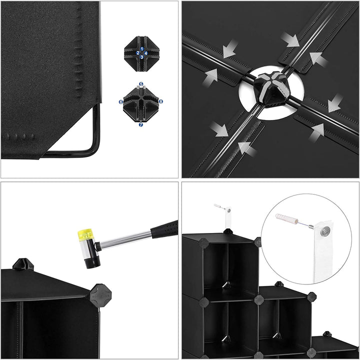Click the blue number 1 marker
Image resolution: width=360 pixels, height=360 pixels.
pos(142,49)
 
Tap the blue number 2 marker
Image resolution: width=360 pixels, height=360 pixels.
pos(138,53)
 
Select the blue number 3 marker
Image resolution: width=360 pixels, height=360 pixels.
pos(142,57)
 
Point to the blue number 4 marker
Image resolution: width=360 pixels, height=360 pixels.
pos(146,53)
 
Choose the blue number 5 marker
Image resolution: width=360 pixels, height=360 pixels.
pos(141,84)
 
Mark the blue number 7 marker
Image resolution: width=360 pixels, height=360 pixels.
pos(140,124)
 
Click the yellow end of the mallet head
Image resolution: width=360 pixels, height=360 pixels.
pos(85,234)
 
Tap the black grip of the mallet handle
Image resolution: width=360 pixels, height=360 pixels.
pos(164,229)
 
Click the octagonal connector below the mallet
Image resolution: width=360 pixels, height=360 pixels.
pos(100,295)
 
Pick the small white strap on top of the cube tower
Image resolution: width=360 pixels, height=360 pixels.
pos(228,217)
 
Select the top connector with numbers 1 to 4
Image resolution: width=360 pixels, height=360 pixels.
pos(141,53)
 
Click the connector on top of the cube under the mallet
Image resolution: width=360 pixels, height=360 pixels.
pos(23,264)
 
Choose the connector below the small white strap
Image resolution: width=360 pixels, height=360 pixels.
pos(228,231)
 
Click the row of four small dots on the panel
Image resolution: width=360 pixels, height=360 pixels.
pos(20,136)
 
